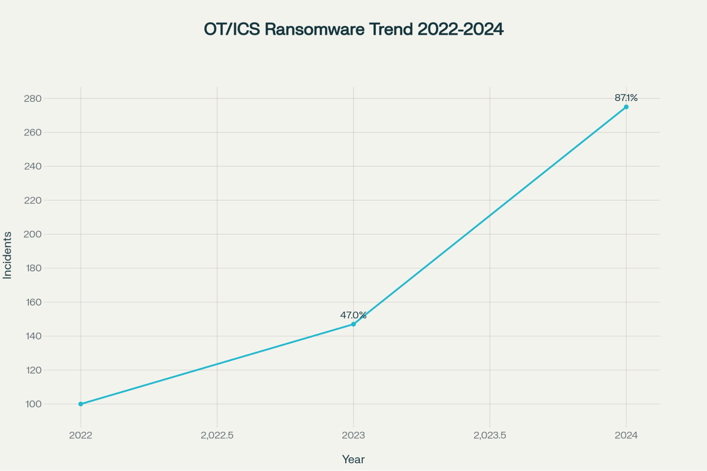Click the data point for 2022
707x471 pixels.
point(81,404)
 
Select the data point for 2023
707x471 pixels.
point(353,324)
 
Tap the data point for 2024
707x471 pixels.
point(626,107)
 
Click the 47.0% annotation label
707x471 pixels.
point(353,315)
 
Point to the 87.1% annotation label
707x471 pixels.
point(626,98)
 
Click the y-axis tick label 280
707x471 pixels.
point(33,99)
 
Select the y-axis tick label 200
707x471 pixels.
point(33,234)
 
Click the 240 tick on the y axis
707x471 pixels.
point(33,166)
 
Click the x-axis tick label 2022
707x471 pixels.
point(81,435)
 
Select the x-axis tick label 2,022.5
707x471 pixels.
point(217,435)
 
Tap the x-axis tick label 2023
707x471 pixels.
point(353,435)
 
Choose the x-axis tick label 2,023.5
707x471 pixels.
point(490,435)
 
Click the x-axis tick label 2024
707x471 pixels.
point(626,435)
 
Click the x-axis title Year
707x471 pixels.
point(353,459)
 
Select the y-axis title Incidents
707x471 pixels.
point(7,255)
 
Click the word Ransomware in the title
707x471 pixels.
point(314,29)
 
